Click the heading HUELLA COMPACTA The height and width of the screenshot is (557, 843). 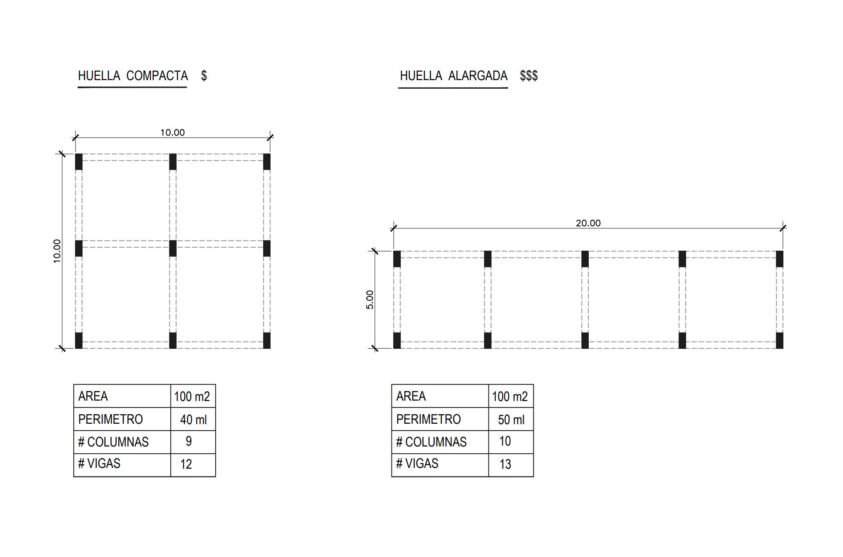point(133,76)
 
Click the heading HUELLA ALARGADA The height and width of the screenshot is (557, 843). point(454,76)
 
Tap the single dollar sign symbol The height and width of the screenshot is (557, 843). point(204,76)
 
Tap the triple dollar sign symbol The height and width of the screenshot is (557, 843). point(529,76)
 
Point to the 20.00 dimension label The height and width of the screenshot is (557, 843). point(588,223)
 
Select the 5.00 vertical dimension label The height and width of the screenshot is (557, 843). point(370,299)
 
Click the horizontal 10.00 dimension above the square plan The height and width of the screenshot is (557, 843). point(172,132)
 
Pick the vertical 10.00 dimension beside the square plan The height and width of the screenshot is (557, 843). point(57,251)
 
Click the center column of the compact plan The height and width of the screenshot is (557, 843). point(173,249)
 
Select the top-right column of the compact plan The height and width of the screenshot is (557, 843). point(267,162)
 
